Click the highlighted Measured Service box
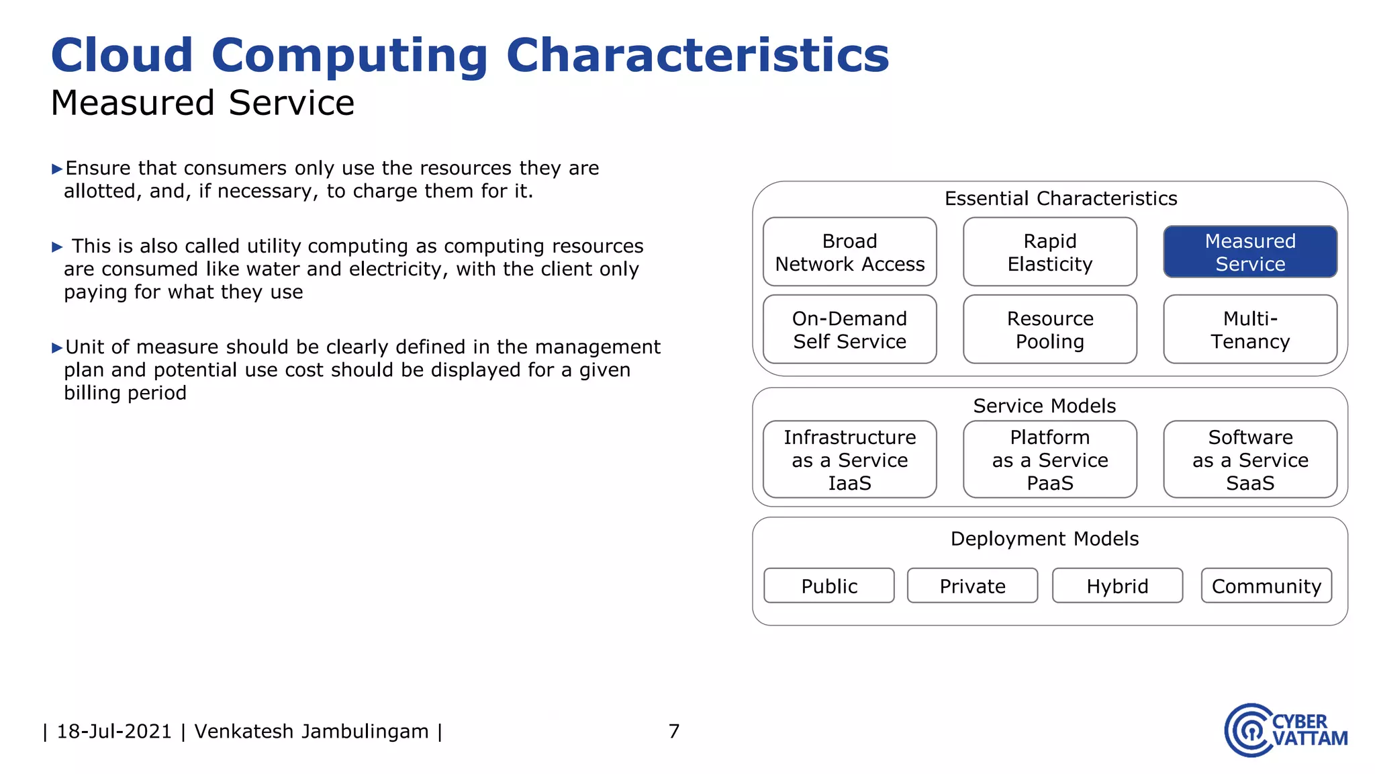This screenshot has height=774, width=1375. click(x=1250, y=252)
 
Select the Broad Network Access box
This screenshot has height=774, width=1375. click(x=849, y=252)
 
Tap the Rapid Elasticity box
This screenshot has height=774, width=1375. click(x=1049, y=252)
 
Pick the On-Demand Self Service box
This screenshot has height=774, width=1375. click(x=849, y=329)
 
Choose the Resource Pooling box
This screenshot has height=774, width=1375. click(x=1049, y=329)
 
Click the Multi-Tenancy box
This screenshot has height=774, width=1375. click(x=1250, y=329)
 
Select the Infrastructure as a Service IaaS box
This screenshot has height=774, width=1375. click(x=849, y=460)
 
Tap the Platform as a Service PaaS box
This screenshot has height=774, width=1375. click(x=1049, y=460)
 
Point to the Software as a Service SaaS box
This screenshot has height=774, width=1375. click(x=1250, y=460)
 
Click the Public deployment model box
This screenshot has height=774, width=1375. click(x=829, y=586)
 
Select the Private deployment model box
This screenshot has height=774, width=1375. click(x=972, y=586)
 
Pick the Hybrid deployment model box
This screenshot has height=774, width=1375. click(x=1117, y=586)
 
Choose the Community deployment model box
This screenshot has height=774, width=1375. click(x=1266, y=586)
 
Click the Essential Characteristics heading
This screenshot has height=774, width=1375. click(x=1061, y=198)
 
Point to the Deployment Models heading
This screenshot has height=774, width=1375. click(x=1045, y=539)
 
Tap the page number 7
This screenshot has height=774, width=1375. click(x=674, y=731)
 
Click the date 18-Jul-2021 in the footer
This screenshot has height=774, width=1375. click(x=114, y=731)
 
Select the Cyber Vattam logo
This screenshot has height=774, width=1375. click(x=1285, y=730)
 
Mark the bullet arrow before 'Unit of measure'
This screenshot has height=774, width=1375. click(x=57, y=347)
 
